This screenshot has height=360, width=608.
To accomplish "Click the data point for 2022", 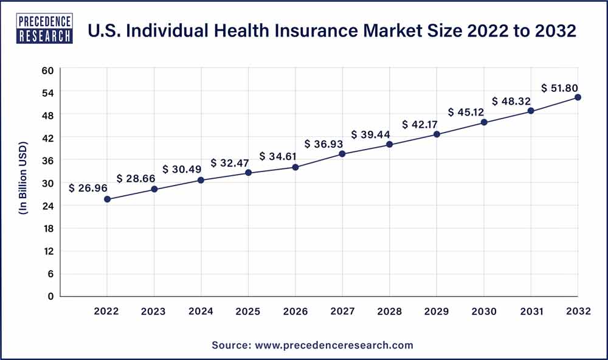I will coord(108,199).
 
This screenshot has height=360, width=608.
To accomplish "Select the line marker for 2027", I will coord(342,154).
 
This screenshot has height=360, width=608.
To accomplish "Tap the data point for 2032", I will coord(578,97).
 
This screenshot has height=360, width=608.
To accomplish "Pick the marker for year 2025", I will coord(248,173).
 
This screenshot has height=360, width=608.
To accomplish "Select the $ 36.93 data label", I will coord(323,144).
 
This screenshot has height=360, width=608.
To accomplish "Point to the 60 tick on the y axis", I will coord(49,70).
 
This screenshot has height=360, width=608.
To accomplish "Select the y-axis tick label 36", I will coord(49,161).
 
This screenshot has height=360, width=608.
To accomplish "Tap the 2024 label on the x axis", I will coord(201,311).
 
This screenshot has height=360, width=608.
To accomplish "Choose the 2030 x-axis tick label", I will coord(483,311).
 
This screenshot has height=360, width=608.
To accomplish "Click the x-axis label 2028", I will coord(390,311).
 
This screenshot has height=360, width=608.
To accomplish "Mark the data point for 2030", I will coord(484,122).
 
